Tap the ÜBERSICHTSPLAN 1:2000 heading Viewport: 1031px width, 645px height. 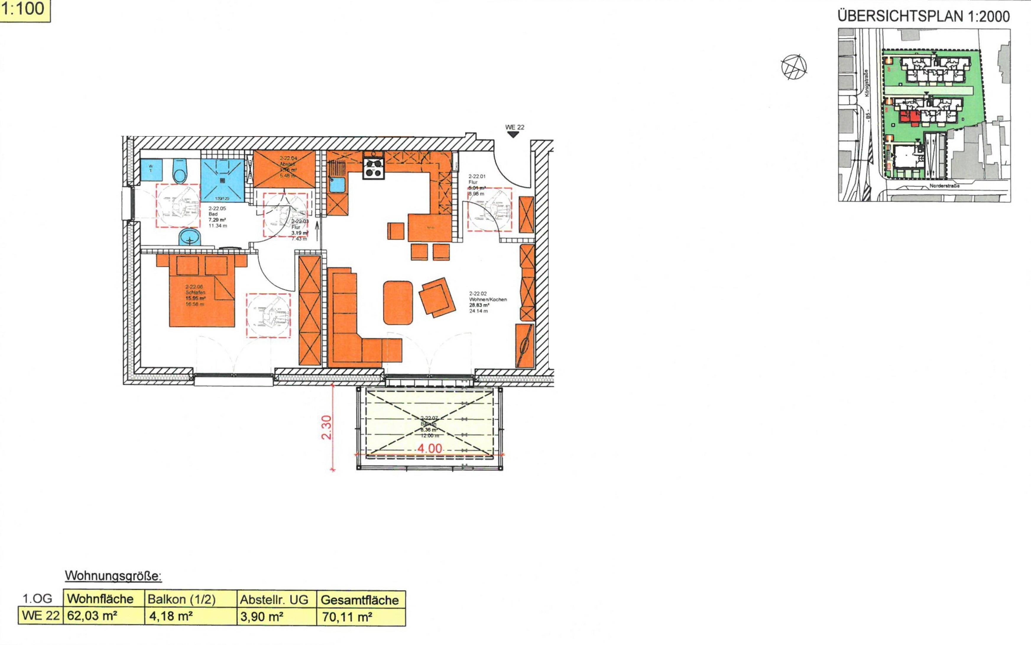(x=923, y=17)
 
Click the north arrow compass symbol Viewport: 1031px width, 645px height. (x=794, y=67)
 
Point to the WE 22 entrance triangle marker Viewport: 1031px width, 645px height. (x=513, y=135)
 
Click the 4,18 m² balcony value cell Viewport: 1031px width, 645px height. (x=171, y=616)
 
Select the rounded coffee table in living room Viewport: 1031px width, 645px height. (x=398, y=302)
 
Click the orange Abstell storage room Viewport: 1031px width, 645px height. (x=284, y=169)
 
